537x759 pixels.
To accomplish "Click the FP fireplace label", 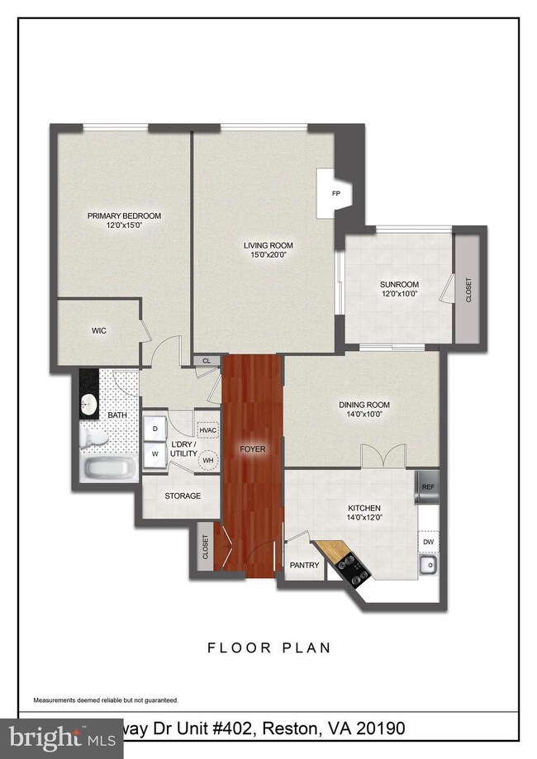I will tap(335, 194).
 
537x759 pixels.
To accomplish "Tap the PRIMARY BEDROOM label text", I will tap(125, 216).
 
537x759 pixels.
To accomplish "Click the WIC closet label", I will tap(99, 330).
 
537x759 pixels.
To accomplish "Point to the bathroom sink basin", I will tap(89, 405).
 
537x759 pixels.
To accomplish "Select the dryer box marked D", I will tap(154, 430).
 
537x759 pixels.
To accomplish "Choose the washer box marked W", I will tap(154, 453).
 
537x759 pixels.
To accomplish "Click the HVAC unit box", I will tap(208, 429).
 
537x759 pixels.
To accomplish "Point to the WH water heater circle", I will tap(208, 460).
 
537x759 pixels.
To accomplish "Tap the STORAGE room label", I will tap(182, 496).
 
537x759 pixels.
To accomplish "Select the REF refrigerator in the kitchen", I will tap(427, 486).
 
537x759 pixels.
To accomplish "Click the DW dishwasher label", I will tap(428, 542).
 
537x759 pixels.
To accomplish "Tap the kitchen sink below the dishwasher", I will tap(427, 567).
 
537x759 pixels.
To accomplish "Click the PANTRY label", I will tap(299, 566).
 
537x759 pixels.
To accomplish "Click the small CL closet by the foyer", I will tap(206, 360).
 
